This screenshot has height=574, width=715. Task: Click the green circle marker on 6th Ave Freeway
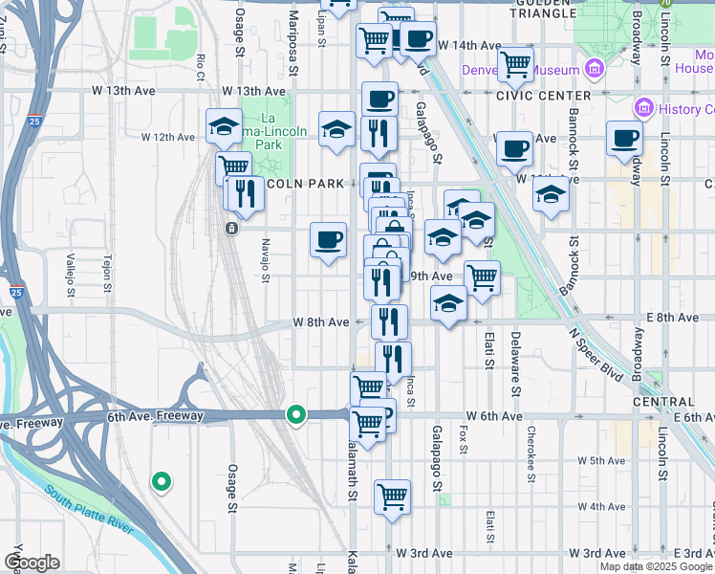tap(296, 414)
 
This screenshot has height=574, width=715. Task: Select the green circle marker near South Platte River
tap(162, 481)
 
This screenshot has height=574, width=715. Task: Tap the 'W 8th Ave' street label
tap(320, 322)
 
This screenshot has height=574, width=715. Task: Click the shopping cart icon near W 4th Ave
tap(392, 497)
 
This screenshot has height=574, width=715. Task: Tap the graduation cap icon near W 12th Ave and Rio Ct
tap(224, 125)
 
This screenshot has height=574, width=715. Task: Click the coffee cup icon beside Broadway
tap(624, 138)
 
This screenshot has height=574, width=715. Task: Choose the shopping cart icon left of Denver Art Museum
tap(515, 65)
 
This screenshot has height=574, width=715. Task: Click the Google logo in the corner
tap(32, 563)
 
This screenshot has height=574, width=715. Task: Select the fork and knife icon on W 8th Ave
tap(389, 320)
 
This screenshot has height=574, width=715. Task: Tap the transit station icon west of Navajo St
tap(230, 229)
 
